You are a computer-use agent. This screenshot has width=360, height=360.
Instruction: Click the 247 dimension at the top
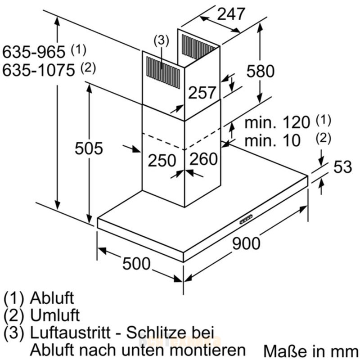pos(231,14)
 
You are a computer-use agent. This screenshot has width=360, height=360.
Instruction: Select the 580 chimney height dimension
pos(261,71)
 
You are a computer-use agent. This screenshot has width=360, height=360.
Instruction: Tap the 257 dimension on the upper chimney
pos(202,93)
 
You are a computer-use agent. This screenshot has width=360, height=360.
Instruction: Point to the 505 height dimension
pos(89,148)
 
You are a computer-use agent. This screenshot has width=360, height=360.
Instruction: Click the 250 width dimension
pos(162,160)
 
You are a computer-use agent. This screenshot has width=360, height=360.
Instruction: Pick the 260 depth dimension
pos(203,159)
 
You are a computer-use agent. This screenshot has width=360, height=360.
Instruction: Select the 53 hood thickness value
pos(342,166)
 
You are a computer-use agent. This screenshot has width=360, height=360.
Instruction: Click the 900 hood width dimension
pos(246,243)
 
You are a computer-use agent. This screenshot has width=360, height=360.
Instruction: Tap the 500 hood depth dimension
pos(136,264)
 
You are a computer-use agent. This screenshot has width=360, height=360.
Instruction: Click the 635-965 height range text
pos(34,52)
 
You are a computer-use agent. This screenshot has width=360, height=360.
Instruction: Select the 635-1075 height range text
pos(39,70)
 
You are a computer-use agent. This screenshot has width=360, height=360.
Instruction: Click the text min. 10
pos(273,140)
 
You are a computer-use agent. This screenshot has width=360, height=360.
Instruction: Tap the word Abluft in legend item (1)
pos(52,298)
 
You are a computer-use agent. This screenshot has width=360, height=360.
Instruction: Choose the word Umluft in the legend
pos(55,315)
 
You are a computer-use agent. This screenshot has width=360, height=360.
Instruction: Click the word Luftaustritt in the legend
pos(70,332)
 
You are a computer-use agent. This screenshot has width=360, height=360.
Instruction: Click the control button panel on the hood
pos(246,220)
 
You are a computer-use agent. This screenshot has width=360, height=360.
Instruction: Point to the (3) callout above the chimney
pos(161,40)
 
